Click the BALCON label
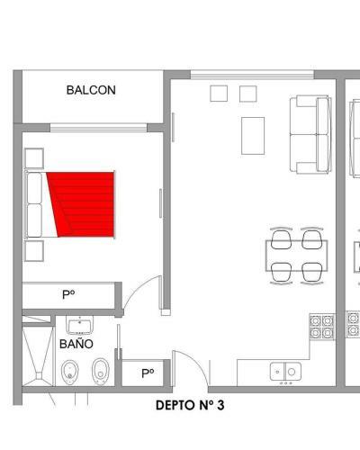[x=91, y=90]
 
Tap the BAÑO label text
[x=76, y=344]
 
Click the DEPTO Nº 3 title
[x=190, y=405]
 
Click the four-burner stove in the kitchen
[x=322, y=327]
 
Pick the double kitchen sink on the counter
[x=285, y=372]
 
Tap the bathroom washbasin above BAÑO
[x=80, y=326]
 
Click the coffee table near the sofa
[x=253, y=136]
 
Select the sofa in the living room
[x=310, y=134]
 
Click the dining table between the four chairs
[x=296, y=256]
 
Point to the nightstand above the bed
[x=34, y=158]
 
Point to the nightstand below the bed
[x=34, y=250]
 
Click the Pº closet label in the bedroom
[x=68, y=294]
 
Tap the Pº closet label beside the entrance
[x=148, y=373]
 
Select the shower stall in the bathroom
[x=38, y=355]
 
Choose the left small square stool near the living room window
[x=219, y=94]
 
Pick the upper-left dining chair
[x=281, y=238]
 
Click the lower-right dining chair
[x=312, y=273]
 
